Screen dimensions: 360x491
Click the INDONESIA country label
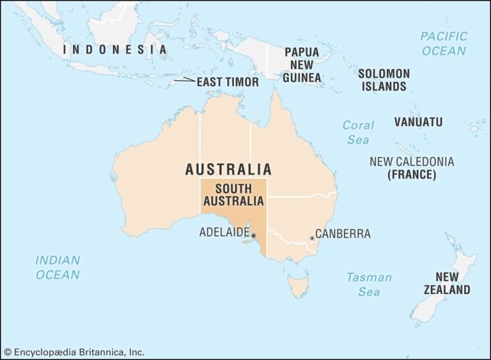pyautogui.click(x=115, y=49)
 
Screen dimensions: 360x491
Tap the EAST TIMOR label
pyautogui.click(x=227, y=82)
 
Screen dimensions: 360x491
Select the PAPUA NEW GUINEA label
pyautogui.click(x=302, y=65)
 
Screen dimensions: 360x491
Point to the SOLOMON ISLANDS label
pyautogui.click(x=384, y=80)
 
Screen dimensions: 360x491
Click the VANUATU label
pyautogui.click(x=418, y=121)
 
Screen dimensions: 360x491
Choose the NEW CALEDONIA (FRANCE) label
pyautogui.click(x=412, y=168)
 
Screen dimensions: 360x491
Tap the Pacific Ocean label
pyautogui.click(x=444, y=43)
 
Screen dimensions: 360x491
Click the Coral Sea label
pyautogui.click(x=358, y=132)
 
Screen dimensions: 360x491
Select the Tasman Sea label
pyautogui.click(x=369, y=285)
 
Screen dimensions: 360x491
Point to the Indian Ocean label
pyautogui.click(x=58, y=267)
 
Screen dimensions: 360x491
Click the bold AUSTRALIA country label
pyautogui.click(x=228, y=169)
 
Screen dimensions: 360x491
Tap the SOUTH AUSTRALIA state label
pyautogui.click(x=233, y=194)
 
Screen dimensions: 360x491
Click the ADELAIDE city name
pyautogui.click(x=224, y=232)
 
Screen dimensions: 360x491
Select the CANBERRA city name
pyautogui.click(x=343, y=233)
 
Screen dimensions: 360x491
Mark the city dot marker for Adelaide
pyautogui.click(x=253, y=236)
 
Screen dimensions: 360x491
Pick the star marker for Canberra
pyautogui.click(x=312, y=238)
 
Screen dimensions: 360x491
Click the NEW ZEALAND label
pyautogui.click(x=447, y=283)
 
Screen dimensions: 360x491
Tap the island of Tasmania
pyautogui.click(x=297, y=285)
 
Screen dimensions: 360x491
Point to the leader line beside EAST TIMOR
pyautogui.click(x=185, y=80)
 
